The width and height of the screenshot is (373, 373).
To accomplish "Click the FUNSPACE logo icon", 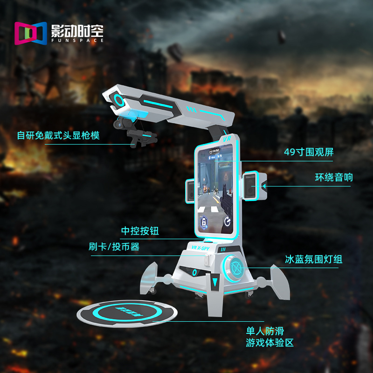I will [31, 33].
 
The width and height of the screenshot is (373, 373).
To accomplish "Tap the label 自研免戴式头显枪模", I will [58, 135].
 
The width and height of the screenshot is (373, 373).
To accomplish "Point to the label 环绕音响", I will [334, 177].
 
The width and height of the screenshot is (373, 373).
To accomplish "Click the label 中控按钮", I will [143, 231].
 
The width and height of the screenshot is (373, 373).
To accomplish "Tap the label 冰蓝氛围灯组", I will [314, 259].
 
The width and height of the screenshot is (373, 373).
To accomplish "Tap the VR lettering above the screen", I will [228, 139].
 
